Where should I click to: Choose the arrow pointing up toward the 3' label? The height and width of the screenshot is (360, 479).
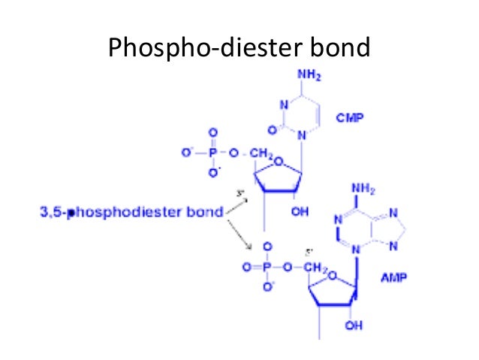pyautogui.click(x=239, y=204)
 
